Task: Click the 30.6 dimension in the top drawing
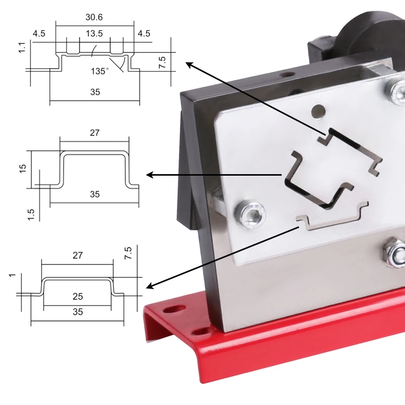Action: pos(95,17)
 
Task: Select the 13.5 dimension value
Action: pos(95,34)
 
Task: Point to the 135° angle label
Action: pos(100,71)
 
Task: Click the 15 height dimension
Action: pos(22,169)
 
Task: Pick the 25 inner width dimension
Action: pos(77,296)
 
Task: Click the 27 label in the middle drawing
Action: pos(94,133)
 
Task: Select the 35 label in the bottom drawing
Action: pos(77,312)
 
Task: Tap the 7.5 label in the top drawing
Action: pos(162,63)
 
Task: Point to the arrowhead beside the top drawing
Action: pos(189,64)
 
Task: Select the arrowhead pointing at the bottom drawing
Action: pos(150,287)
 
